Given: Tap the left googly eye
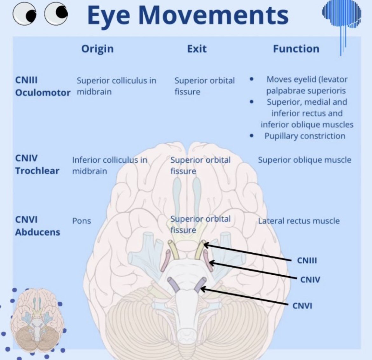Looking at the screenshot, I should [x=24, y=13].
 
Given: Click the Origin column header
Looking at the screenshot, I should [x=97, y=49].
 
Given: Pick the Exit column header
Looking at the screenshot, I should [x=196, y=49].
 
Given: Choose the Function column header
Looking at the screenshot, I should [x=296, y=49].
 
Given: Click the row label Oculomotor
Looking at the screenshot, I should [x=43, y=93].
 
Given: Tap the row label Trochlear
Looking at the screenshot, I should [x=37, y=171].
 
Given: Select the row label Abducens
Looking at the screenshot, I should [x=38, y=232].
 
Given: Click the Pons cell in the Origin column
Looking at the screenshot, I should [x=81, y=221].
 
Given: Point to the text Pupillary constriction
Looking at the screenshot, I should [x=305, y=136].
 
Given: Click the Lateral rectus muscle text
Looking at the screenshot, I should [x=299, y=221].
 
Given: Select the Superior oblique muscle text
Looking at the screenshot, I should [x=304, y=160].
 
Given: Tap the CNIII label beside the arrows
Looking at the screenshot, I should [x=307, y=260].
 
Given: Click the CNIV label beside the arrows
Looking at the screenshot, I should [x=310, y=279].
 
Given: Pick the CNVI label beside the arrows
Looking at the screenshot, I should [x=302, y=306].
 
